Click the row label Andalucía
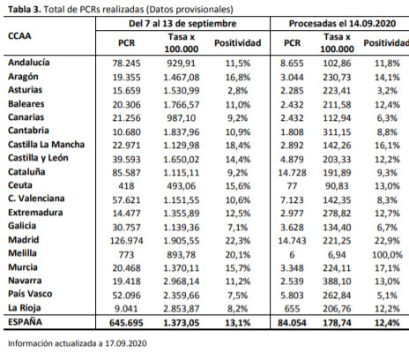(x=29, y=63)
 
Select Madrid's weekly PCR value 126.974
(x=126, y=241)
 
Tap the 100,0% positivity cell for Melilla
(x=387, y=255)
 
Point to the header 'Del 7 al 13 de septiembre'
(x=182, y=24)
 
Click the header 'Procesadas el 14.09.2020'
(x=342, y=24)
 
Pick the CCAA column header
(x=19, y=36)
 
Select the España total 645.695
(x=126, y=323)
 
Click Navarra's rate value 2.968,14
(x=182, y=281)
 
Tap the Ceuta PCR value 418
(x=126, y=186)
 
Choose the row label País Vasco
(x=30, y=294)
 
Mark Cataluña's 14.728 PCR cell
(x=292, y=173)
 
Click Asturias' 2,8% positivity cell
(x=237, y=91)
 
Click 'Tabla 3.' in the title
(x=25, y=10)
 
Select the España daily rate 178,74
(x=337, y=323)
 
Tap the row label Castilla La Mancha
(x=46, y=145)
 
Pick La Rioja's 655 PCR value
(x=292, y=309)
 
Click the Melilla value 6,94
(x=337, y=255)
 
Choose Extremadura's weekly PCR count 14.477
(x=126, y=214)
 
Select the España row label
(x=25, y=322)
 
